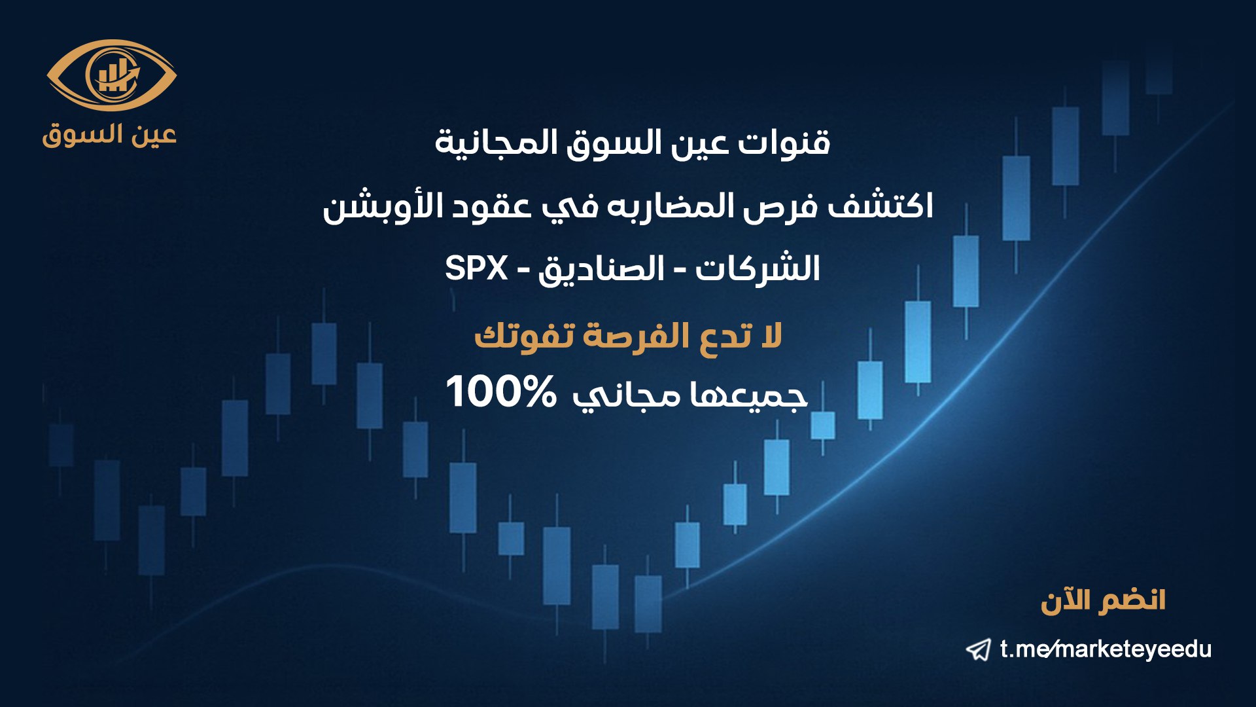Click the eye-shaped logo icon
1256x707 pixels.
[112, 75]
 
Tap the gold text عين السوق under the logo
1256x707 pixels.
[110, 134]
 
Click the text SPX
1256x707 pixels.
[476, 268]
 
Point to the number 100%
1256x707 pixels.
[501, 391]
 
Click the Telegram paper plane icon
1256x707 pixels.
[979, 650]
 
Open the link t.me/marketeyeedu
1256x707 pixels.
[1106, 649]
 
